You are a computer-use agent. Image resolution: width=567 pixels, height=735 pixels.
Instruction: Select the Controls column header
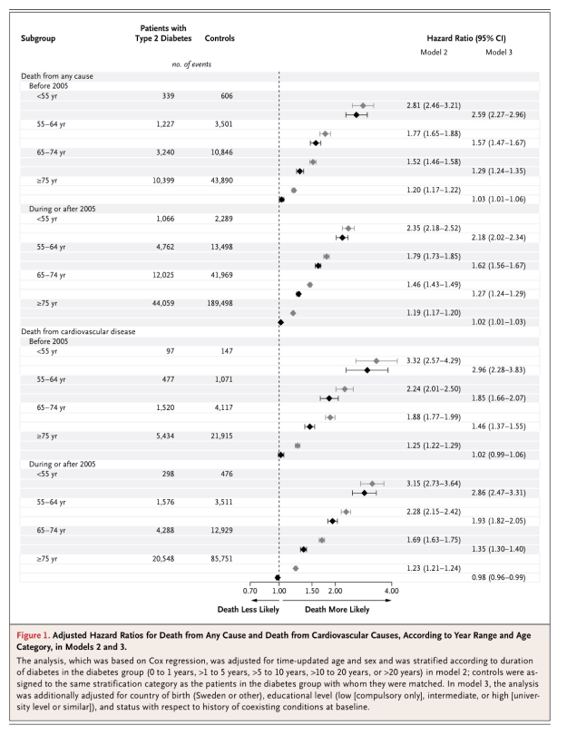click(x=220, y=38)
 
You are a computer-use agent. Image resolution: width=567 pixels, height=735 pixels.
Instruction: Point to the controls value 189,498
click(x=217, y=302)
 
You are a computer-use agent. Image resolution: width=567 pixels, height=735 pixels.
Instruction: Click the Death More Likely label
click(x=337, y=611)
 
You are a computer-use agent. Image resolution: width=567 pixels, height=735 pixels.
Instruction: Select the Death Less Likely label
click(x=242, y=611)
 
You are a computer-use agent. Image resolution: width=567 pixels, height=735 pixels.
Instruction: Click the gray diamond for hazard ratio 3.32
click(x=376, y=361)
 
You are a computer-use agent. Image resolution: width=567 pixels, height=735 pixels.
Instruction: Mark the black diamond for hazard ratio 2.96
click(x=367, y=370)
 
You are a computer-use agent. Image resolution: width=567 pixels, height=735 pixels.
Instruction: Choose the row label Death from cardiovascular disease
click(x=73, y=331)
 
